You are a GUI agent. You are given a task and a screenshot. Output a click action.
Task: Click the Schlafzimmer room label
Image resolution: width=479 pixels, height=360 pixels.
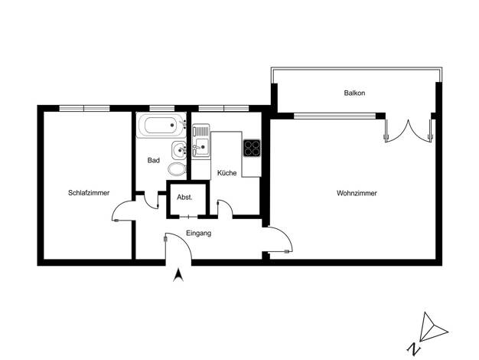tap(89, 193)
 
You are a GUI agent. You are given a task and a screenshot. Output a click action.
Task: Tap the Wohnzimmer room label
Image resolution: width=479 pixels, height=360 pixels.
tap(357, 193)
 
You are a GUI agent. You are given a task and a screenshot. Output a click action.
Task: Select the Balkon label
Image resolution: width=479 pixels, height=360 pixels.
tap(354, 93)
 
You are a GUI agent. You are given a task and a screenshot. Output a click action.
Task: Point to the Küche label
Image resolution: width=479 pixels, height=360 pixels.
tap(226, 173)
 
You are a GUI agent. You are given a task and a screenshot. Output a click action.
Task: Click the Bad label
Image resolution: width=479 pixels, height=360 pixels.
tap(153, 160)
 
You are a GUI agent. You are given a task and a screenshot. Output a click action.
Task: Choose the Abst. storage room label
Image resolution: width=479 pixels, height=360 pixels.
tap(184, 198)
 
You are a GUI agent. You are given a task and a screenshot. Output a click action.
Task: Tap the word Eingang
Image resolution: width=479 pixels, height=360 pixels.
tap(199, 234)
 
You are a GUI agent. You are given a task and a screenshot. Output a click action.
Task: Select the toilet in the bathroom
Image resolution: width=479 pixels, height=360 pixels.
tap(178, 169)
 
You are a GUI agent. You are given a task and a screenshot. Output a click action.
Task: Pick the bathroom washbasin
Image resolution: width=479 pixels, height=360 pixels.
tap(179, 150)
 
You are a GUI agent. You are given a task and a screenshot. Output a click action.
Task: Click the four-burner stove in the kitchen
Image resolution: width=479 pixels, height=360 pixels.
tap(252, 148)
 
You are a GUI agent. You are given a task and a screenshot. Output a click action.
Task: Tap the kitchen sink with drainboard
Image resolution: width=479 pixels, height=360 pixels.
tap(201, 141)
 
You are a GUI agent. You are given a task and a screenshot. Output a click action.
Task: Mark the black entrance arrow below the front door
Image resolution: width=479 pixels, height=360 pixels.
tap(178, 275)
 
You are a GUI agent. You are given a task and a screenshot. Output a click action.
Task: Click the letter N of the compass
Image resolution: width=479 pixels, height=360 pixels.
tap(413, 349)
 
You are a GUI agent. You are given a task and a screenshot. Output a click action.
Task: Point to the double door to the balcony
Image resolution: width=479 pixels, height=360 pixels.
tap(409, 131)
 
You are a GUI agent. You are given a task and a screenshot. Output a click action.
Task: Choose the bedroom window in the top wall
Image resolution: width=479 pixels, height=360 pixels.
tap(84, 108)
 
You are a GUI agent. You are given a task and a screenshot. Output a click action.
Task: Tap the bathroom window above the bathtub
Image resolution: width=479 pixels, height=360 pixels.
tap(162, 108)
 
